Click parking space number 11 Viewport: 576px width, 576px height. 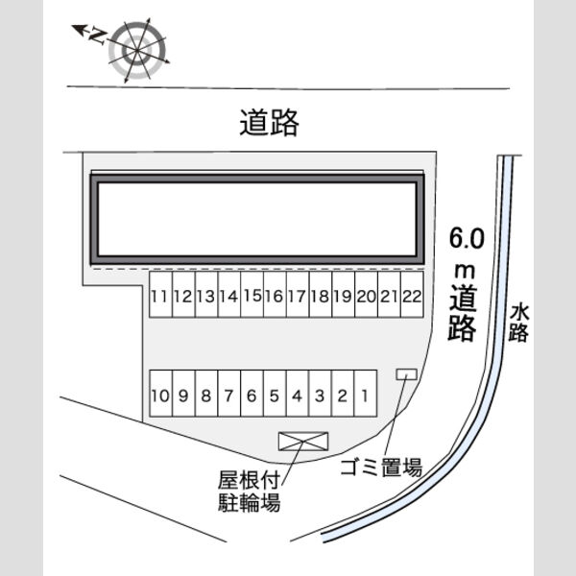pyautogui.click(x=160, y=295)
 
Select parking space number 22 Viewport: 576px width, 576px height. pyautogui.click(x=412, y=295)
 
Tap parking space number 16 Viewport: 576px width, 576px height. pyautogui.click(x=275, y=295)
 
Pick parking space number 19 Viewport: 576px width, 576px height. pyautogui.click(x=344, y=295)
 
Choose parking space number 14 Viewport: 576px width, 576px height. pyautogui.click(x=229, y=295)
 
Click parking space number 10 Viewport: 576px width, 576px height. pyautogui.click(x=161, y=394)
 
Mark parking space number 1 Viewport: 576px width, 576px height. pyautogui.click(x=366, y=394)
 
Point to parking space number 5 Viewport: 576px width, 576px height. pyautogui.click(x=275, y=394)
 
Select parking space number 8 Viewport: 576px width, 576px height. pyautogui.click(x=206, y=394)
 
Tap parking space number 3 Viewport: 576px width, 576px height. pyautogui.click(x=321, y=394)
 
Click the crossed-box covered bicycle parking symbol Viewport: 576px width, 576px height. pyautogui.click(x=303, y=442)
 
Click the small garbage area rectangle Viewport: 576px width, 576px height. pyautogui.click(x=406, y=374)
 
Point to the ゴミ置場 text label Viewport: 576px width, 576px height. pyautogui.click(x=381, y=468)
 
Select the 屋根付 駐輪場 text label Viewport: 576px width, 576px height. pyautogui.click(x=249, y=492)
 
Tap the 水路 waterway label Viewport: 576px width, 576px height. pyautogui.click(x=518, y=323)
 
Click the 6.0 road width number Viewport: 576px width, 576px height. pyautogui.click(x=467, y=238)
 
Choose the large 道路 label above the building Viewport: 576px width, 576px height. pyautogui.click(x=269, y=122)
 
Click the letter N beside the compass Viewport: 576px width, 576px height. pyautogui.click(x=98, y=36)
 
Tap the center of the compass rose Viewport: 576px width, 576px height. pyautogui.click(x=136, y=50)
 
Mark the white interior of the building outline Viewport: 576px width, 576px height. pyautogui.click(x=257, y=219)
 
